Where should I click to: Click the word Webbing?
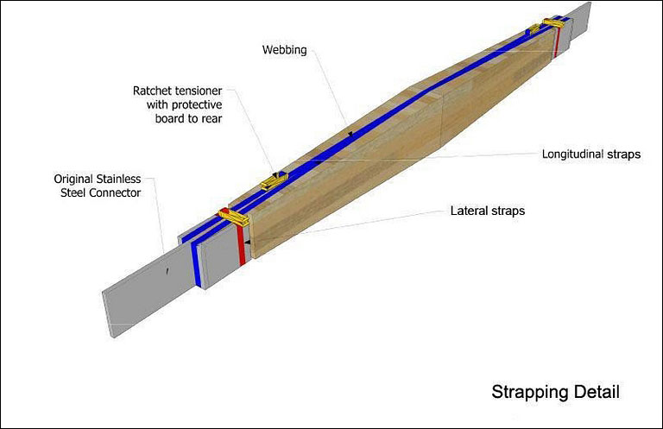[x=283, y=50]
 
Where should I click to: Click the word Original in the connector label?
[x=73, y=179]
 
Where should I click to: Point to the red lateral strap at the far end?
[x=558, y=39]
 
